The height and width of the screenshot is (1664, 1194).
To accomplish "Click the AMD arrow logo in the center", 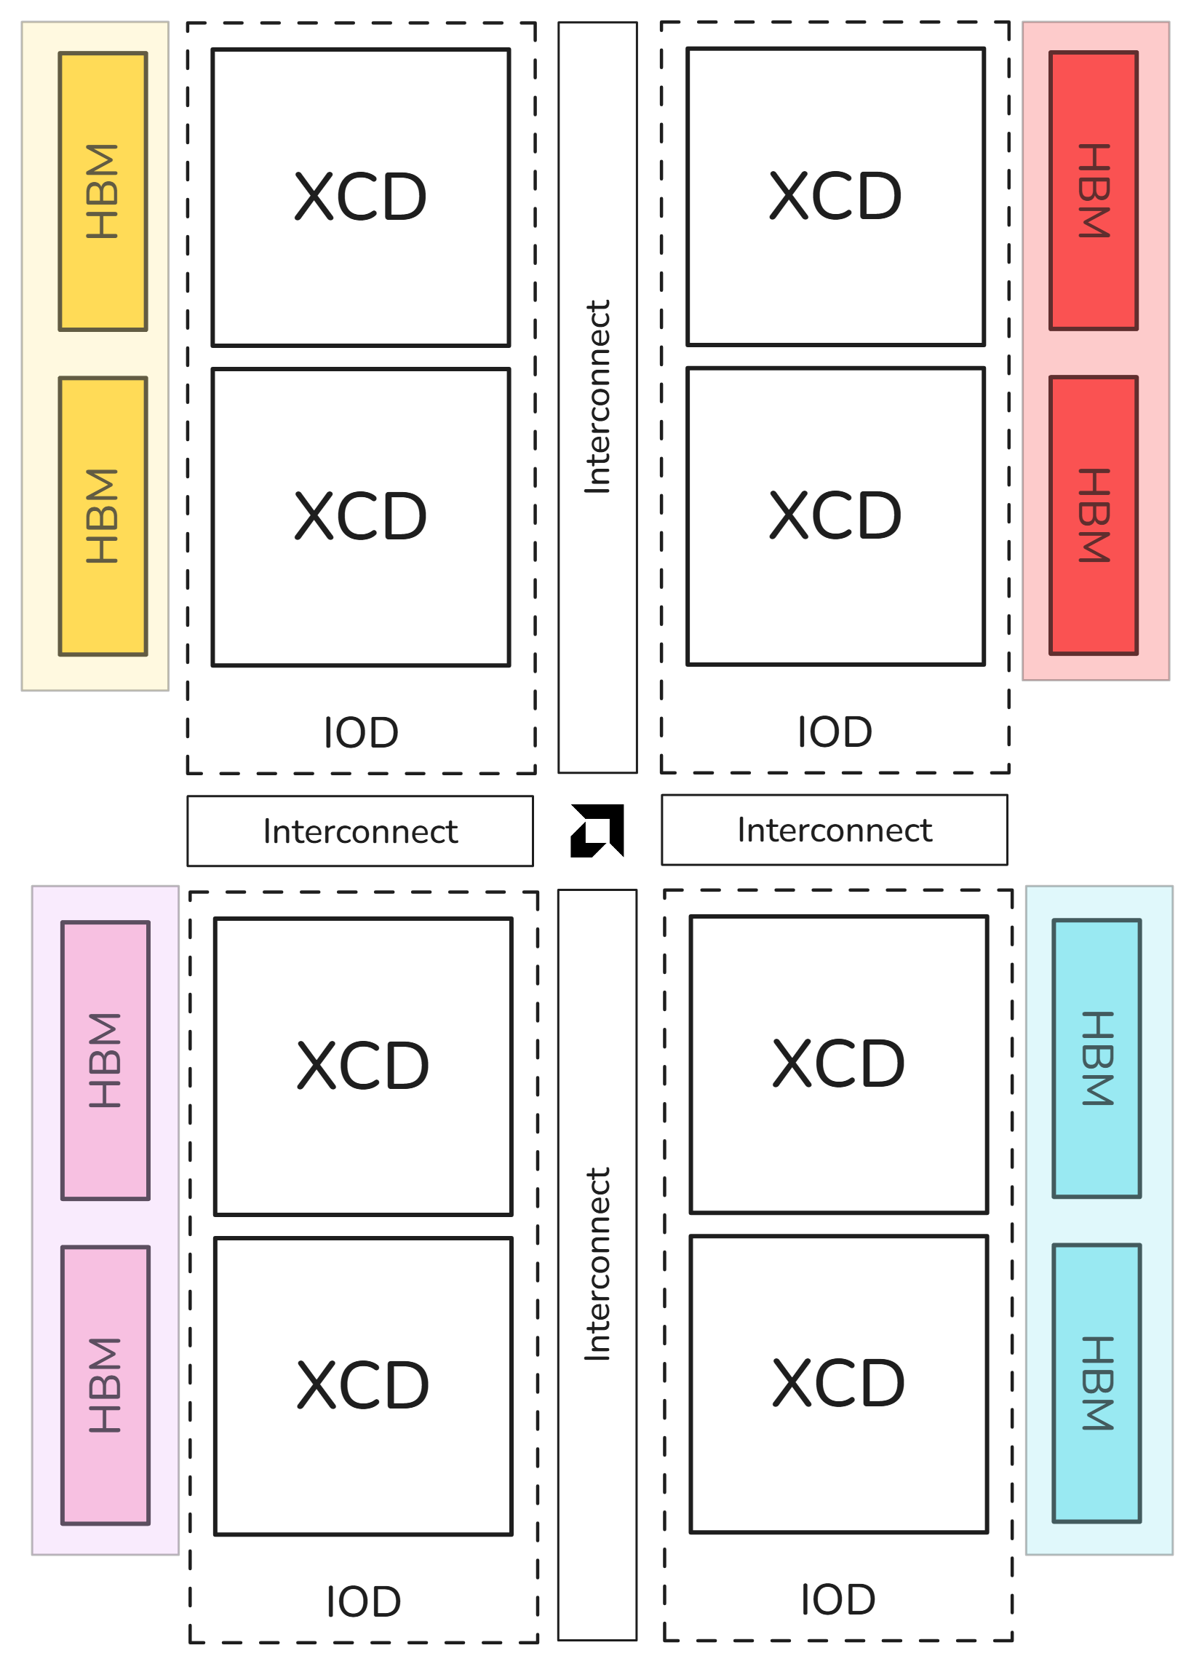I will (x=597, y=830).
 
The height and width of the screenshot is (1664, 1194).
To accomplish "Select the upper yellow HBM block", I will (x=103, y=191).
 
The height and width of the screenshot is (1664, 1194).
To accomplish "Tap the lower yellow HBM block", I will (x=103, y=517).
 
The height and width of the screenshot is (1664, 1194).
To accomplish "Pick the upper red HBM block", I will (x=1094, y=191).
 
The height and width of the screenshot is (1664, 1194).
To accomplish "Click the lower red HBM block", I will (x=1094, y=515).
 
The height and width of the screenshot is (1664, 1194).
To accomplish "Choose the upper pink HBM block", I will (x=106, y=1061).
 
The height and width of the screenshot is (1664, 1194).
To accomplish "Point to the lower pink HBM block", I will (x=106, y=1385).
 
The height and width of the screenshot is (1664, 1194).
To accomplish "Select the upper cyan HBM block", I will (x=1097, y=1058).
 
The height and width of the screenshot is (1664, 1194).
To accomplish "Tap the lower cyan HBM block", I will (x=1097, y=1383).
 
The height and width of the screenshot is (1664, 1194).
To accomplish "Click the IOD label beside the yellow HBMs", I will (x=361, y=733).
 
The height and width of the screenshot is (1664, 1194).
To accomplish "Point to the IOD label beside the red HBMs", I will (x=835, y=732).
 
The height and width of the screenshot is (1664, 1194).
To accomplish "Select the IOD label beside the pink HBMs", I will (x=363, y=1601).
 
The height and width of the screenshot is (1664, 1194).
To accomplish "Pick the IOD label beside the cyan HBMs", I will (x=837, y=1599).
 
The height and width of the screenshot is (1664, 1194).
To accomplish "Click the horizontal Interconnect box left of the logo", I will (x=360, y=831).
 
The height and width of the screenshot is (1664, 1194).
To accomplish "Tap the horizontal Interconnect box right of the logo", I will (x=835, y=830).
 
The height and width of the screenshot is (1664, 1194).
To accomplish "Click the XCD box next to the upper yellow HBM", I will (x=361, y=197).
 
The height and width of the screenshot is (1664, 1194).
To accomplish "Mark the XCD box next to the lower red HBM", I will (x=835, y=517).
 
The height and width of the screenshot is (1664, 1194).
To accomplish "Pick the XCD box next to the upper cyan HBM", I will (x=838, y=1065).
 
